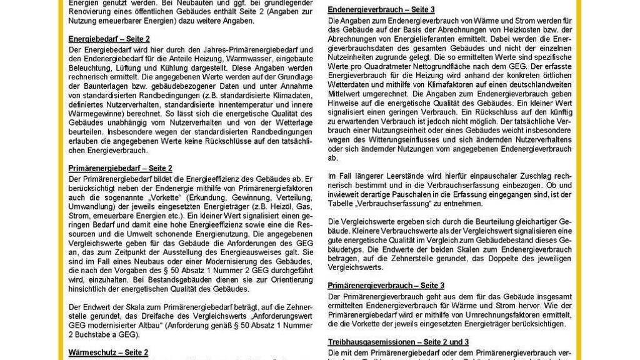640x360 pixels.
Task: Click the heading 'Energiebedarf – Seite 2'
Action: (109, 39)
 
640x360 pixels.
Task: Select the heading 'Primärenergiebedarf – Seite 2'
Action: (120, 168)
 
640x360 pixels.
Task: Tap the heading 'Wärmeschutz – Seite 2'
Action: (108, 352)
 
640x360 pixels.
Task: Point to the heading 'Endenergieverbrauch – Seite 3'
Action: (381, 10)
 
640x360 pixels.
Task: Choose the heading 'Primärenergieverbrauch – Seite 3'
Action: (386, 286)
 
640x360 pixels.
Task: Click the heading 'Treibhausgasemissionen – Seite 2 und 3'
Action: (399, 342)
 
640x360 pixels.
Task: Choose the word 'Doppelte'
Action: (488, 258)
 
